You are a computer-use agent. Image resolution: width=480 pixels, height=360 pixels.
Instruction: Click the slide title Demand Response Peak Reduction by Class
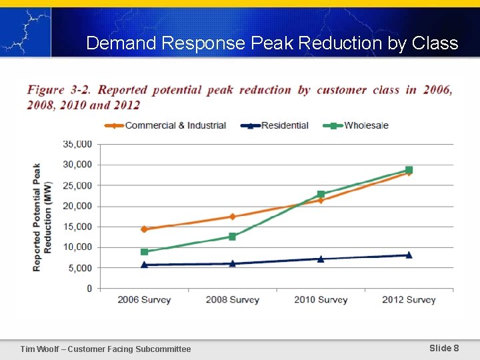(272, 43)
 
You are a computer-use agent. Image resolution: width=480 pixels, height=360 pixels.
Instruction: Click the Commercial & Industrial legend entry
(175, 125)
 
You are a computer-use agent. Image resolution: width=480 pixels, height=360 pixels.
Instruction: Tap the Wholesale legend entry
(366, 125)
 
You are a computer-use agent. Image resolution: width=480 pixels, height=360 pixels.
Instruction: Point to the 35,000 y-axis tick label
(77, 144)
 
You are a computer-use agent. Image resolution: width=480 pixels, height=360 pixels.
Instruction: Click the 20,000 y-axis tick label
(77, 206)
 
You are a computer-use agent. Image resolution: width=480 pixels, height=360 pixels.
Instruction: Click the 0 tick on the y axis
(89, 289)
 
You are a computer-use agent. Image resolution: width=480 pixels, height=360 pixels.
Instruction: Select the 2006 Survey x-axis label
(144, 300)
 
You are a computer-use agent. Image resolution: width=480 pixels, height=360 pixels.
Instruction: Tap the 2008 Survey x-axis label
(232, 300)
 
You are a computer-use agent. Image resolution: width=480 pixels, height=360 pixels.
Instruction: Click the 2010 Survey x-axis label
(321, 300)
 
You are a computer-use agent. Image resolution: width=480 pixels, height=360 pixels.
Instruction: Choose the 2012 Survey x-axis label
(409, 300)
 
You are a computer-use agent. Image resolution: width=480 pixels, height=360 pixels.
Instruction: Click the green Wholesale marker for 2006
(144, 252)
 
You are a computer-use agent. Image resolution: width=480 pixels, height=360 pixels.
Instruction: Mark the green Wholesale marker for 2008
(232, 237)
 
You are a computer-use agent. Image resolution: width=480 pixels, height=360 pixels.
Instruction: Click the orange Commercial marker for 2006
(144, 229)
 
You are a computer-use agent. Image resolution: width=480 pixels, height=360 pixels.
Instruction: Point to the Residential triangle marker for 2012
(409, 255)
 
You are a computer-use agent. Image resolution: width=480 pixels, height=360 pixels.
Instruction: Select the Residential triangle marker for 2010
(321, 259)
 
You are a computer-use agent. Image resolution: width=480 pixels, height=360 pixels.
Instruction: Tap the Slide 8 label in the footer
(444, 348)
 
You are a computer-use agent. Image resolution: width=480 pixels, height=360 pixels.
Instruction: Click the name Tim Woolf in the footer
(40, 349)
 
